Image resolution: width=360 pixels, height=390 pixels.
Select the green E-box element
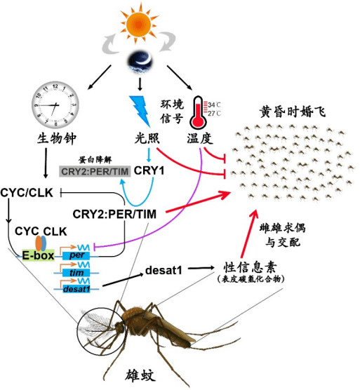tap(38, 255)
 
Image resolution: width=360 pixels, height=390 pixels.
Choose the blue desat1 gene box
tap(75, 287)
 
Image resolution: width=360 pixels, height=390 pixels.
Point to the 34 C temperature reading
tap(214, 103)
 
